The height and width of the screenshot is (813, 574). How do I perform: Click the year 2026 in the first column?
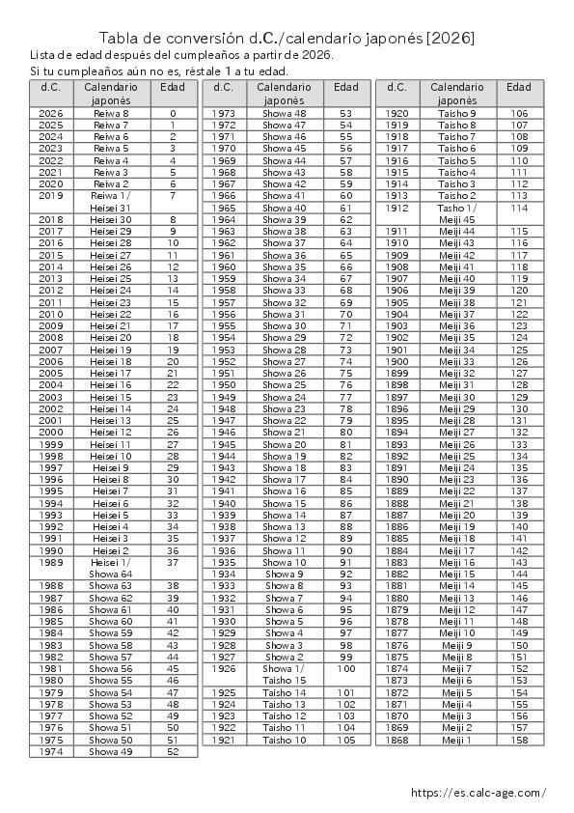pos(51,114)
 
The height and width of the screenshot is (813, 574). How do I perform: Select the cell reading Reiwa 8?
pos(111,114)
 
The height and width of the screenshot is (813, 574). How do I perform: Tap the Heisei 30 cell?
pos(111,219)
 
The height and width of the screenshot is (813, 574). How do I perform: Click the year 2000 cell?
pos(51,432)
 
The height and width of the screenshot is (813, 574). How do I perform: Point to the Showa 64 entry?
pos(111,574)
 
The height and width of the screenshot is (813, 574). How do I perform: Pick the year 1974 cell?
pos(51,751)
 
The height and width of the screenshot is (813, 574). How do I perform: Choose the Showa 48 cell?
pos(285,114)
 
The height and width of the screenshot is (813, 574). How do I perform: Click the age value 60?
pos(345,196)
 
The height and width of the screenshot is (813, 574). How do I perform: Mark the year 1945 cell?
pos(224,444)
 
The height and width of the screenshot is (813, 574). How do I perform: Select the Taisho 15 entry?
pos(285,680)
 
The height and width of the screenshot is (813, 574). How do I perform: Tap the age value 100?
pos(345,668)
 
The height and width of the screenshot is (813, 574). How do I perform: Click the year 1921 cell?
pos(224,740)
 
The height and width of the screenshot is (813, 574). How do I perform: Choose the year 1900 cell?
pos(397,361)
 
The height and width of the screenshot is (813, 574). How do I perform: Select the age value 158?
pos(520,740)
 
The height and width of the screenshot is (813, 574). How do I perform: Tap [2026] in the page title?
pos(451,39)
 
